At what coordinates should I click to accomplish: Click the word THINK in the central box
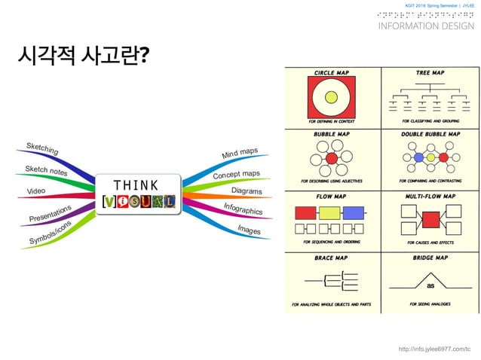pos(136,185)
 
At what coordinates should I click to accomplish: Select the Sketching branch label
pos(42,149)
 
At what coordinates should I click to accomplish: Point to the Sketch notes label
pos(46,171)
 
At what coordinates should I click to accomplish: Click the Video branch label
pos(36,191)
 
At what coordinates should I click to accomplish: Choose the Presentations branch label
pos(50,213)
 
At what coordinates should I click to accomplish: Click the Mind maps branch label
pos(240,154)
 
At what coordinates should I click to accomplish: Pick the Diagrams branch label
pos(247,191)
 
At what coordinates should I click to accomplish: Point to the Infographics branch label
pos(243,208)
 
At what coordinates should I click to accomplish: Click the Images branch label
pos(249,228)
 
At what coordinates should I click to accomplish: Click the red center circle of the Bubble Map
pos(331,159)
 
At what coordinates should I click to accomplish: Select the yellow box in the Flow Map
pos(329,212)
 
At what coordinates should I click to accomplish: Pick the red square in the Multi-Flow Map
pos(430,219)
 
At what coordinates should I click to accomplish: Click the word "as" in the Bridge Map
pos(430,285)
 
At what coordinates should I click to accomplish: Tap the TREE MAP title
pos(430,72)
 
